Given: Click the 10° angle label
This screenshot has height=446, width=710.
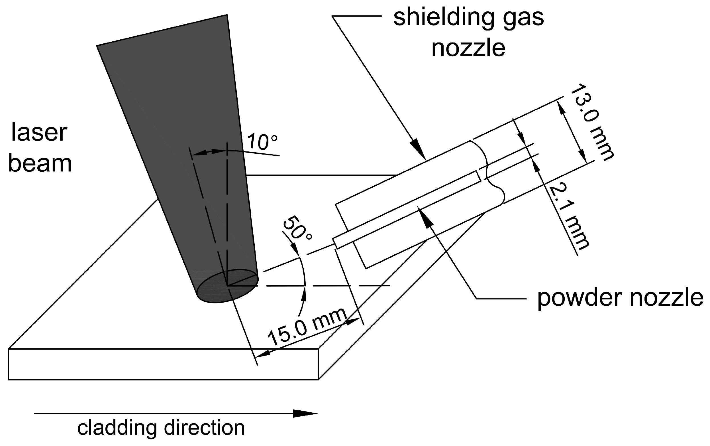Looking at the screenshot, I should [262, 142].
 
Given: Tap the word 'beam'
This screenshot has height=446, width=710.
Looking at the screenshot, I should [40, 164].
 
